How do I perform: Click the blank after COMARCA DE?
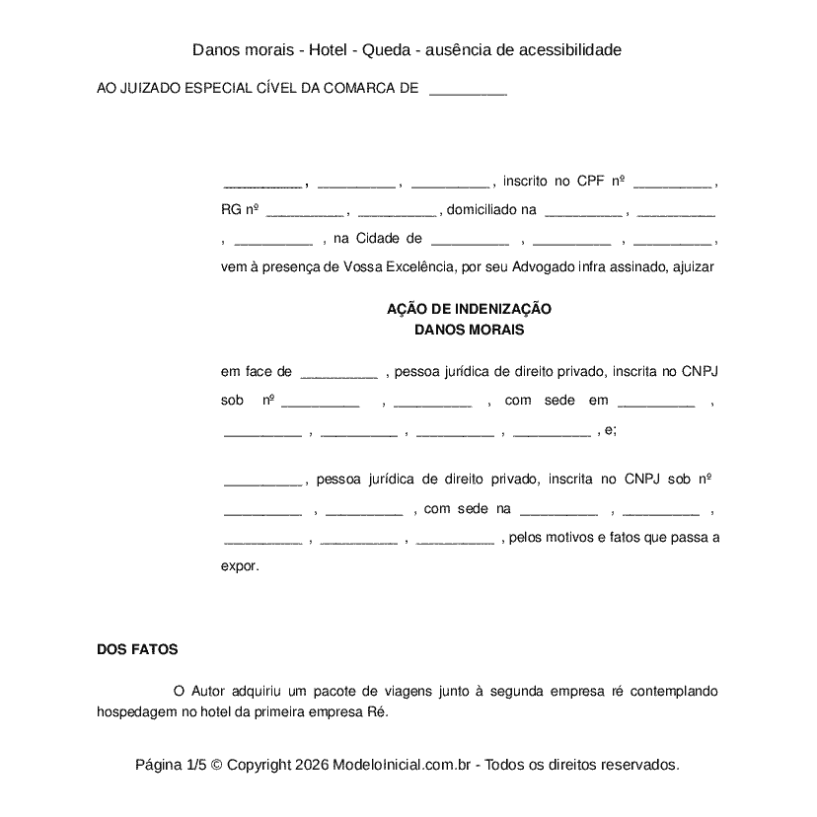point(469,89)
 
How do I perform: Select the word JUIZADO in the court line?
point(150,89)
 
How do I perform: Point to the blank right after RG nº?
point(305,210)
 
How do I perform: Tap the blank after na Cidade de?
point(470,239)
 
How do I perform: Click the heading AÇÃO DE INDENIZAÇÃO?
point(469,309)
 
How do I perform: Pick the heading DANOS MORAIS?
point(469,330)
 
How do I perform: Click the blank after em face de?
point(338,373)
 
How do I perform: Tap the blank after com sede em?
point(656,402)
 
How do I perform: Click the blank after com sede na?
point(558,510)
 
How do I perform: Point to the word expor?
point(240,566)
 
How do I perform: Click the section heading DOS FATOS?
point(137,650)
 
